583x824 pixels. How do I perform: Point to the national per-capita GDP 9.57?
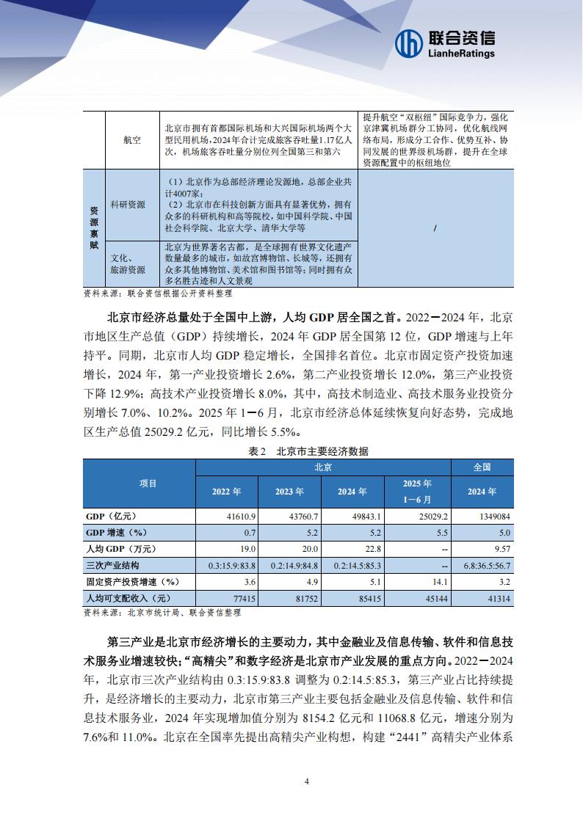(501, 549)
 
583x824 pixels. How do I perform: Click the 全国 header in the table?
(482, 467)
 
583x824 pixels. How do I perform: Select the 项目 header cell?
(140, 483)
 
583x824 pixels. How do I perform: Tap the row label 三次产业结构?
(113, 566)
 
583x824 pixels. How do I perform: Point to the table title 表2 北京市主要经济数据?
(308, 451)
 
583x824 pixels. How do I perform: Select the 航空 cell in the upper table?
(132, 139)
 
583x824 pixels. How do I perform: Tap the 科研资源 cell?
(128, 204)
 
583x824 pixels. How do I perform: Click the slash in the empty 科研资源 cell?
(435, 228)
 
